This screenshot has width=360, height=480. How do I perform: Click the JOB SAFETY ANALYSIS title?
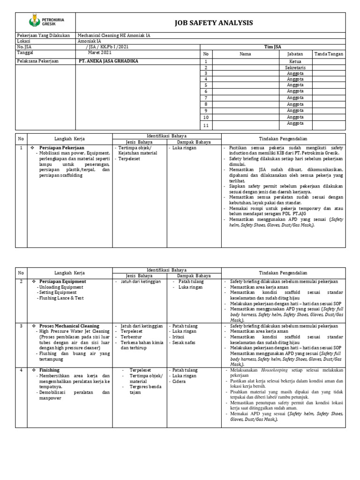213,22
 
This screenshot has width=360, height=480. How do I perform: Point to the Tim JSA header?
272,47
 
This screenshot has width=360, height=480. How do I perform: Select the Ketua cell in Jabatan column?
295,61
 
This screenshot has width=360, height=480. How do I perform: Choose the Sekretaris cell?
295,67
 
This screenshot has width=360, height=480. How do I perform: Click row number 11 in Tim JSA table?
205,126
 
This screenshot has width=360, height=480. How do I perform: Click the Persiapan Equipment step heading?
63,282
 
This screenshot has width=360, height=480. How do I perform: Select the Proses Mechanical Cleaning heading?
69,326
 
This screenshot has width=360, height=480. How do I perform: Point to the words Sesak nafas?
183,343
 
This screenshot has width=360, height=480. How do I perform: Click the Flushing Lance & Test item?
59,298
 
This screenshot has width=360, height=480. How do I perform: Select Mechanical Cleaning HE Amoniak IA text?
114,36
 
